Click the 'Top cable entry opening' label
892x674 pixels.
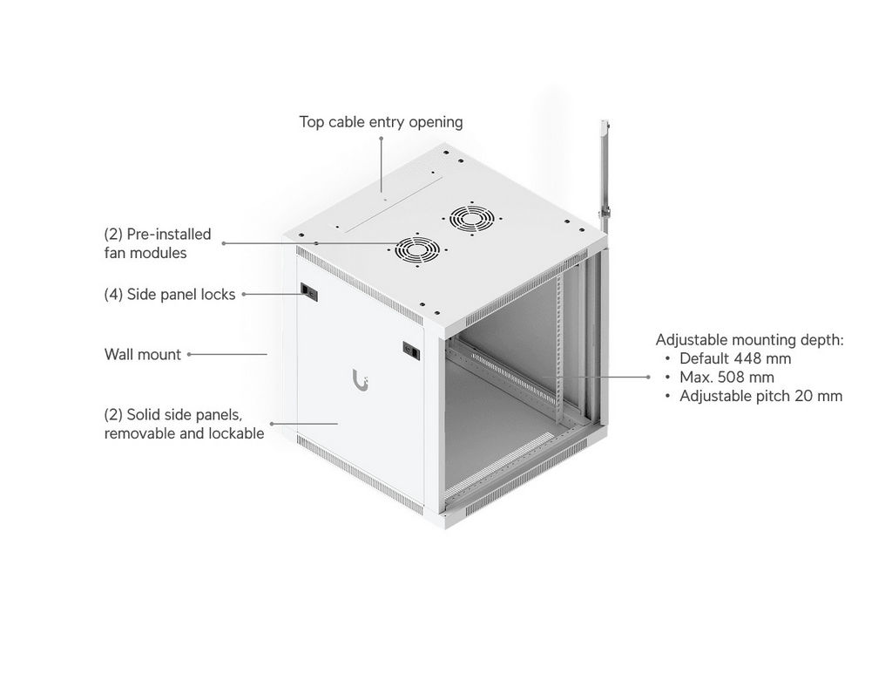tap(381, 122)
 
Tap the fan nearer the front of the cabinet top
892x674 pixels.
tap(417, 250)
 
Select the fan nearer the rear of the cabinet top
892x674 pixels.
tap(471, 217)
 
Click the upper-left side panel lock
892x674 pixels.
tap(309, 292)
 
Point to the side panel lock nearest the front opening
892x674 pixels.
tap(411, 351)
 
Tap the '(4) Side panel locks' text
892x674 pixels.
tap(170, 295)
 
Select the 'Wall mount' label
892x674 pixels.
tap(143, 354)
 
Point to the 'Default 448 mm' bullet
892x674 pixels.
tap(735, 358)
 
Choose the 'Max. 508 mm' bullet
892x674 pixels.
tap(726, 377)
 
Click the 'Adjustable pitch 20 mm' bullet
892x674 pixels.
tap(760, 396)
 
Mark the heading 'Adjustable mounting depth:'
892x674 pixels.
tap(750, 340)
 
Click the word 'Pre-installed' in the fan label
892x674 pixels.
tap(169, 234)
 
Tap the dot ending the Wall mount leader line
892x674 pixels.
tap(189, 354)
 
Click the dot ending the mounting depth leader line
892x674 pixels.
tap(648, 377)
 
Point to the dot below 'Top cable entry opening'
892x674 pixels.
tap(382, 138)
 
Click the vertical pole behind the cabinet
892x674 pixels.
tap(606, 176)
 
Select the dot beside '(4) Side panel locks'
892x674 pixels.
tap(244, 295)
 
